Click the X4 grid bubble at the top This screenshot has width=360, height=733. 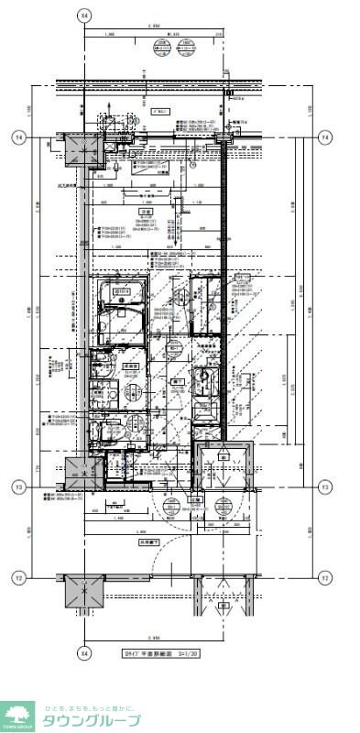[x=85, y=16]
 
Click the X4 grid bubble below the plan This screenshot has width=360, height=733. [x=85, y=654]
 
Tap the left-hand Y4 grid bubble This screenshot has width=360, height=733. [x=17, y=137]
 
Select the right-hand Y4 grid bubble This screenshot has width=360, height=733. [x=323, y=137]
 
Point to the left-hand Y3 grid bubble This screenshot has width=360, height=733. [x=17, y=487]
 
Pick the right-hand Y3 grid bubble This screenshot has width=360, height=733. [x=323, y=487]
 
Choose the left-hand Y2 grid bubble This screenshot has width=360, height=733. [x=17, y=577]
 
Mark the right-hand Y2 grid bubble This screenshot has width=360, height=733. [x=323, y=577]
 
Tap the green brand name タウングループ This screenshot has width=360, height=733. [x=92, y=721]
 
